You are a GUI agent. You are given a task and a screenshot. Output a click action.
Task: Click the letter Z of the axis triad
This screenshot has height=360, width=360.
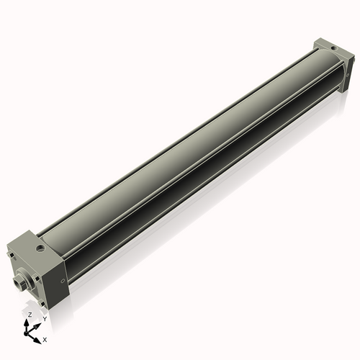30,315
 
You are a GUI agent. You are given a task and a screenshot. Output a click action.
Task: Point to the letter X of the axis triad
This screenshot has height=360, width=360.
45,338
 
